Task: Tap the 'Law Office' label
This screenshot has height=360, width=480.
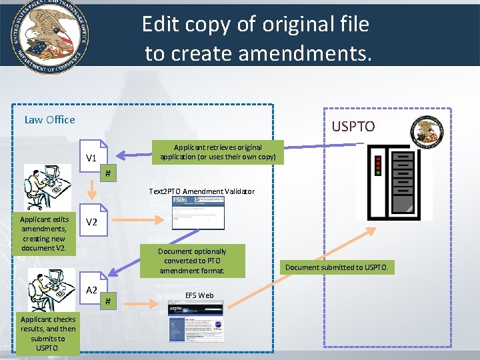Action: pos(50,120)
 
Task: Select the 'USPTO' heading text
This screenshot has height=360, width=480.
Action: pos(353,126)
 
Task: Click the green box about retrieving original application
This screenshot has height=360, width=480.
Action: pos(218,152)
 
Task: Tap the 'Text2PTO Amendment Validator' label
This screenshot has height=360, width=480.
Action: pos(201,191)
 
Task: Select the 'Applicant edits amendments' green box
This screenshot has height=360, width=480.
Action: pos(45,233)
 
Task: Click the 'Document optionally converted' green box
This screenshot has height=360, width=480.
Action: pos(192,261)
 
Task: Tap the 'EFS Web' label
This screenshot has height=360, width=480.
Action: pos(199,295)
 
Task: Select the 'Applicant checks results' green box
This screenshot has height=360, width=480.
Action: pos(48,333)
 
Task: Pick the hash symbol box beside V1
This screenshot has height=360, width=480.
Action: pos(109,174)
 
